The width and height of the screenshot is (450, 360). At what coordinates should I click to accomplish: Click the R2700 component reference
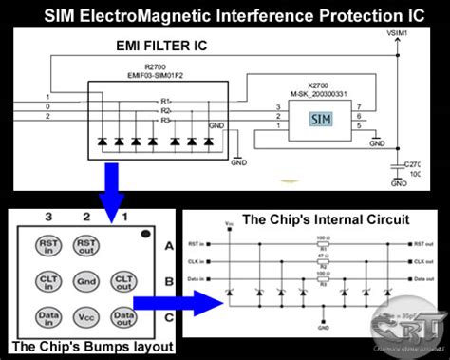click(x=153, y=67)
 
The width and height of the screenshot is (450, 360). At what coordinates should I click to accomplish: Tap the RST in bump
click(x=47, y=245)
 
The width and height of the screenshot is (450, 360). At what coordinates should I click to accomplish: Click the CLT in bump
click(x=47, y=281)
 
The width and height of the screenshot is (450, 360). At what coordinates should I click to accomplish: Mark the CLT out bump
click(x=122, y=281)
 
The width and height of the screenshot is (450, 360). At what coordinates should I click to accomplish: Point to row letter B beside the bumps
click(x=168, y=281)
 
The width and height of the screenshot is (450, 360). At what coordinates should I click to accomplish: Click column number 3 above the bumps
click(x=47, y=218)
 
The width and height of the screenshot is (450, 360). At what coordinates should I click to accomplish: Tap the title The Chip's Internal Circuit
click(x=312, y=219)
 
